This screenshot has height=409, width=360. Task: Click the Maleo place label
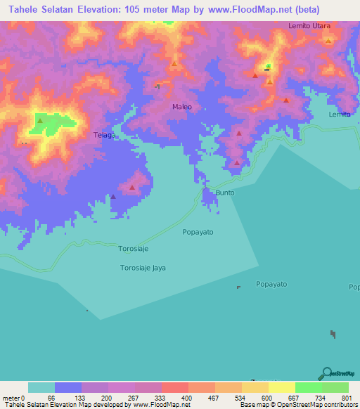pyautogui.click(x=182, y=107)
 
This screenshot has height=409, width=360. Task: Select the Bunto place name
pyautogui.click(x=225, y=192)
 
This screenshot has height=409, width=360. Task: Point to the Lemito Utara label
pyautogui.click(x=309, y=25)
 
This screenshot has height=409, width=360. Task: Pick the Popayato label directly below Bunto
pyautogui.click(x=198, y=231)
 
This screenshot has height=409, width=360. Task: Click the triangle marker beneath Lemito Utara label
pyautogui.click(x=328, y=40)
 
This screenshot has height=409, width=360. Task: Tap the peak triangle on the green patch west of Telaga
pyautogui.click(x=40, y=120)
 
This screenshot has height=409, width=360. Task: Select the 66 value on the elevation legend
pyautogui.click(x=51, y=397)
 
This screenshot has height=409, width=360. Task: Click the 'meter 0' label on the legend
pyautogui.click(x=14, y=397)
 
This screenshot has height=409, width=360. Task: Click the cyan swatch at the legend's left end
pyautogui.click(x=41, y=387)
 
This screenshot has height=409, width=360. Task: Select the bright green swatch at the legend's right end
pyautogui.click(x=335, y=387)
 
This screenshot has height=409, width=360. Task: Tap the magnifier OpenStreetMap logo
pyautogui.click(x=326, y=373)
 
